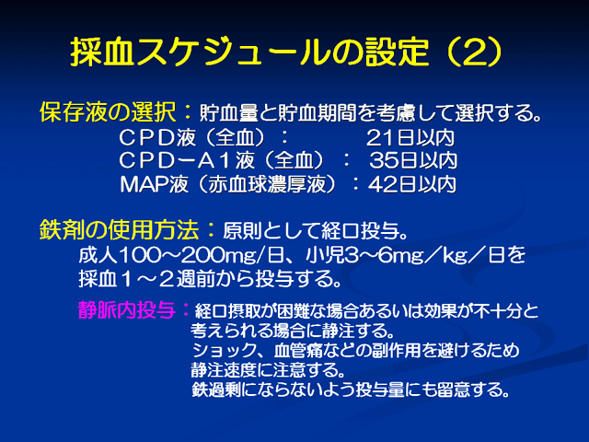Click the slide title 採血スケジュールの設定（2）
(x=286, y=52)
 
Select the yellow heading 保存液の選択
(x=108, y=112)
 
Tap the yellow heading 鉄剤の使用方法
(x=119, y=229)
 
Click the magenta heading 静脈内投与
(x=127, y=310)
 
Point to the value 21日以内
(x=410, y=138)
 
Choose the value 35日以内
(x=413, y=161)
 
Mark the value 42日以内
(x=412, y=184)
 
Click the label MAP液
(x=154, y=184)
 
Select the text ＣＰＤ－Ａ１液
(x=187, y=161)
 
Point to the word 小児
(x=325, y=255)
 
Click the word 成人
(x=98, y=255)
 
